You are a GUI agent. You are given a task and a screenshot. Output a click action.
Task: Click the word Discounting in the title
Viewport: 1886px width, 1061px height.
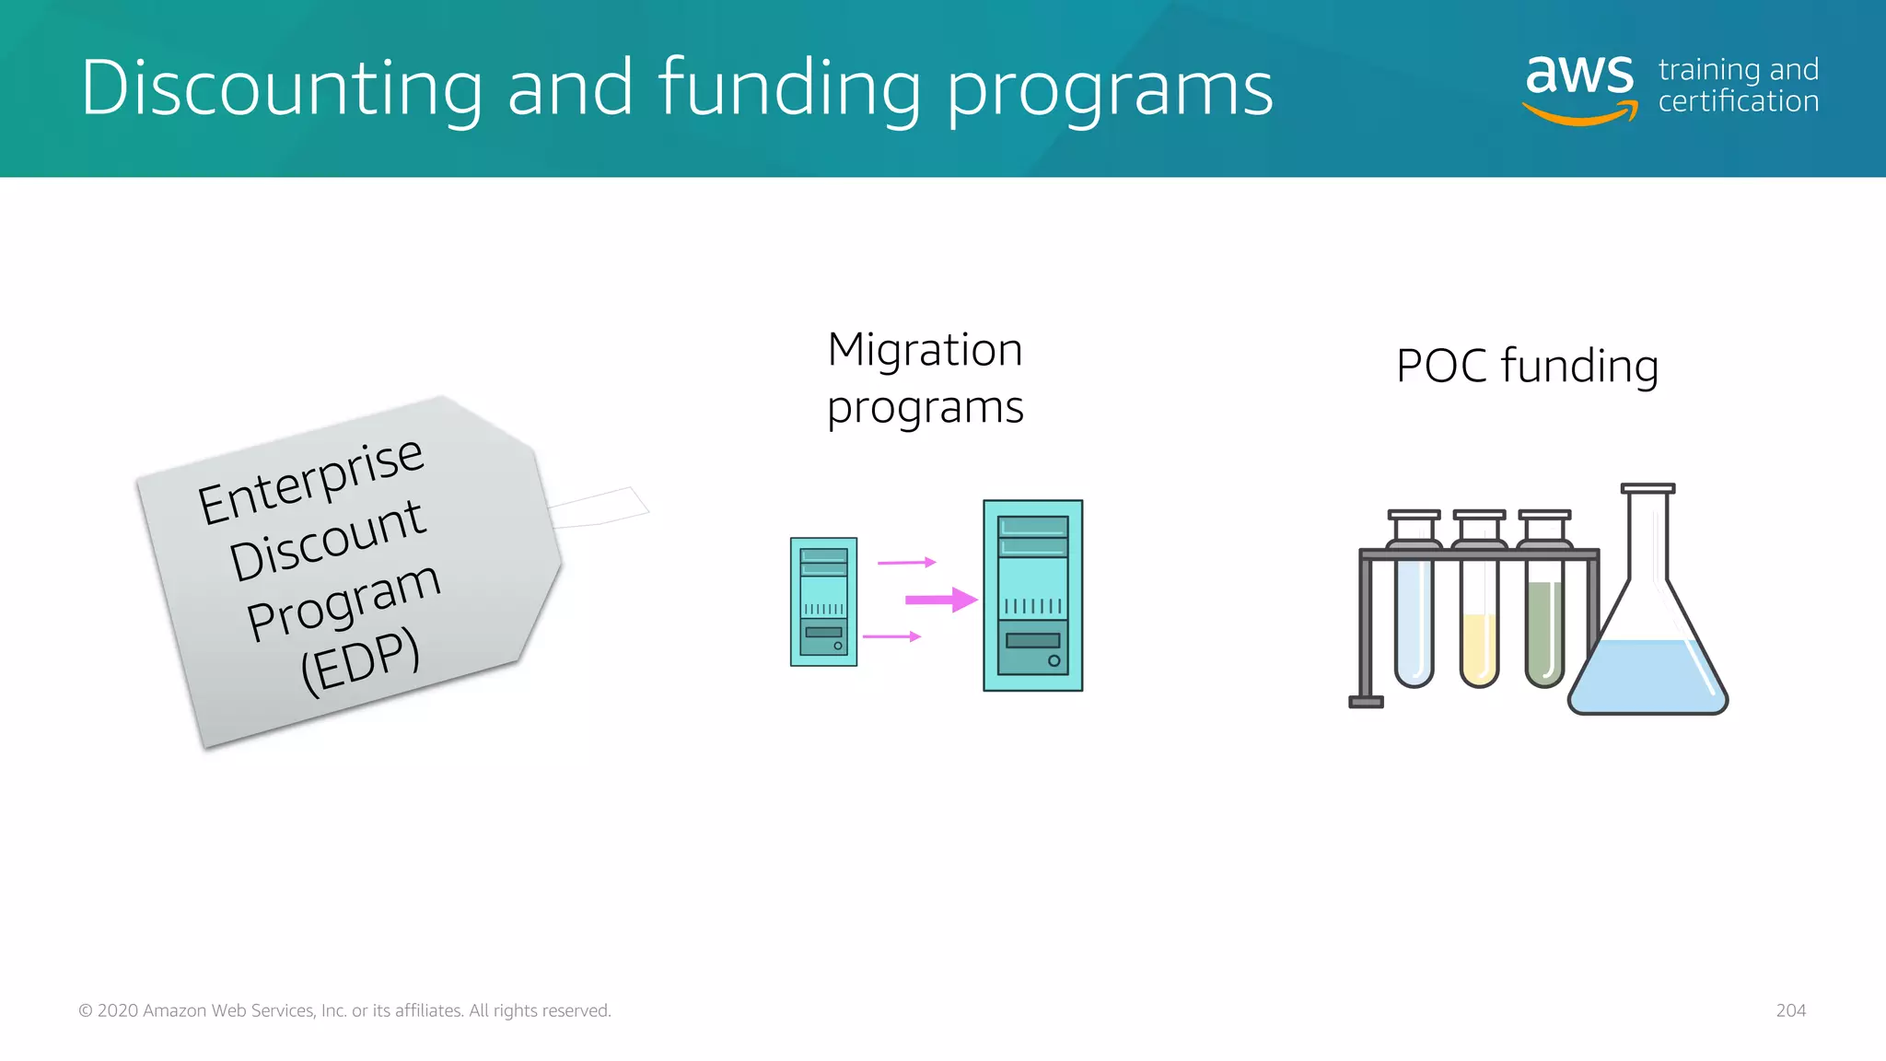coord(281,87)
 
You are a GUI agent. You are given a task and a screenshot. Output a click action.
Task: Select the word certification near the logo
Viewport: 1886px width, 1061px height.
coord(1738,101)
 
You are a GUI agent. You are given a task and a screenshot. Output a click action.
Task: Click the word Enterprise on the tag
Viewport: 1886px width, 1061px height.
coord(310,482)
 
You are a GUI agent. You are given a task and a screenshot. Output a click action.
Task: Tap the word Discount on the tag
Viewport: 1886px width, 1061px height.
coord(327,542)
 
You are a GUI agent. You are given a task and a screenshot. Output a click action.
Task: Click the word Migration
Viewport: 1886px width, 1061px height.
coord(925,350)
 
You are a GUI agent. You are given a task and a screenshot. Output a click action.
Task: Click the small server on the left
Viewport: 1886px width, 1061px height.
coord(823,601)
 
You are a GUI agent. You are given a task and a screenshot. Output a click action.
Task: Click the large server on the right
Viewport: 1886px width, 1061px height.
coord(1032,596)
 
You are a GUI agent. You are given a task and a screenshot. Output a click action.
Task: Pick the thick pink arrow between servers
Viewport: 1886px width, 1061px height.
coord(940,600)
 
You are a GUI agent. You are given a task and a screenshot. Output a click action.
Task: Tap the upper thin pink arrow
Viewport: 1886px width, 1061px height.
coord(906,562)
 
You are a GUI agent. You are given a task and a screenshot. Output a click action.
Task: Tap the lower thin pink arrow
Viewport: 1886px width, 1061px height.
coord(891,636)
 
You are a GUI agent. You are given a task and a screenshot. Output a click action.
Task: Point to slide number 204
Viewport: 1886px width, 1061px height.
coord(1790,1010)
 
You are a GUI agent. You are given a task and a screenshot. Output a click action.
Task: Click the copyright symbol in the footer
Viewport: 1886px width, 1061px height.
coord(86,1011)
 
